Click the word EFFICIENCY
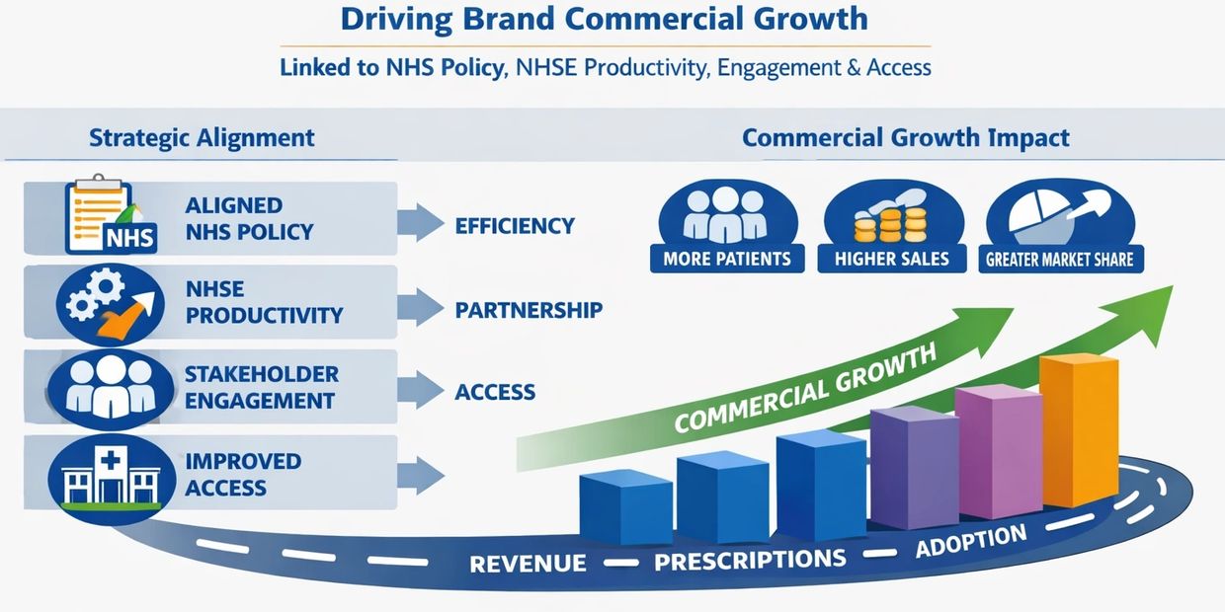(x=515, y=226)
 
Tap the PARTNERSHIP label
(x=529, y=310)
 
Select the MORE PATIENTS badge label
(x=727, y=259)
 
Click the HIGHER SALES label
(x=891, y=259)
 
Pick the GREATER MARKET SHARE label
(x=1060, y=259)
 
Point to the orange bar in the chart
(x=1079, y=429)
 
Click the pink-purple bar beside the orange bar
(x=999, y=451)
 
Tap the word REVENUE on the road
(x=528, y=564)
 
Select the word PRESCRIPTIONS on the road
(x=750, y=560)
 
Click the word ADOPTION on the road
(x=971, y=540)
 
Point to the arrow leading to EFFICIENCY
(x=420, y=222)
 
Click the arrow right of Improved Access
(x=420, y=476)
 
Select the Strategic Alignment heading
(x=202, y=137)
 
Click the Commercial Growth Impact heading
(x=906, y=137)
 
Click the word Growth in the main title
(x=810, y=19)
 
